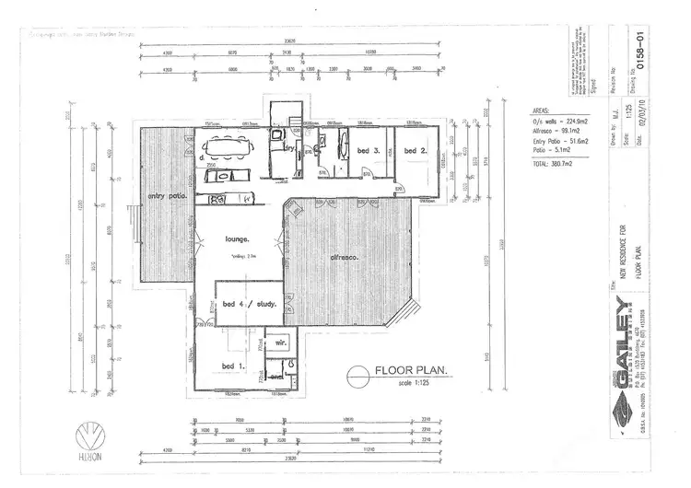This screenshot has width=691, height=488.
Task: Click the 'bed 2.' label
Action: point(416,150)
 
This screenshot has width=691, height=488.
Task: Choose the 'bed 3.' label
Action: point(369,150)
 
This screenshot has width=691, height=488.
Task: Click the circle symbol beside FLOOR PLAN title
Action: point(357,377)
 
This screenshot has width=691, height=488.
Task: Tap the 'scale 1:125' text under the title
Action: point(407,382)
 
